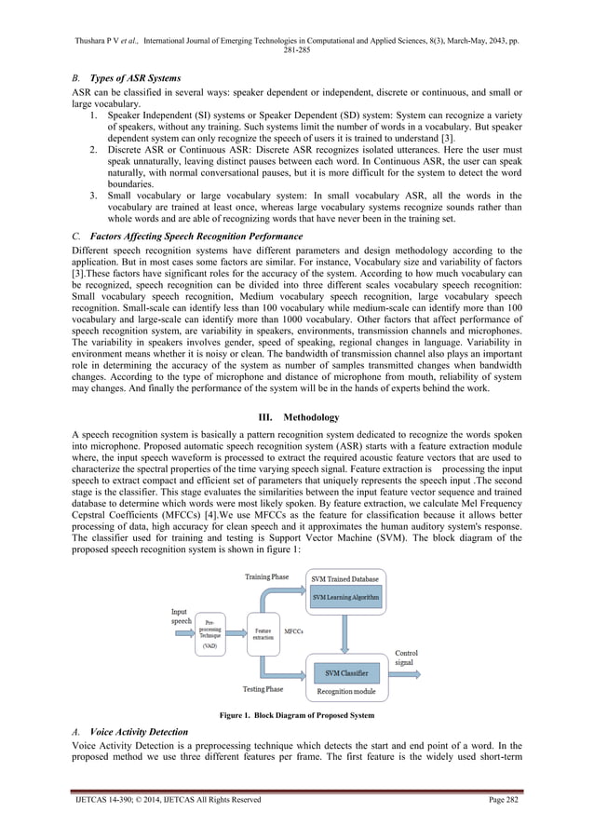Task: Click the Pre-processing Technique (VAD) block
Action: [x=210, y=634]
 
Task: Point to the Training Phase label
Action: [x=266, y=576]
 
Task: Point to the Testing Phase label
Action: [x=263, y=689]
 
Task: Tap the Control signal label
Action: [x=407, y=657]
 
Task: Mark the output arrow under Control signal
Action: [x=406, y=672]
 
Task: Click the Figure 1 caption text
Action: [x=296, y=715]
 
